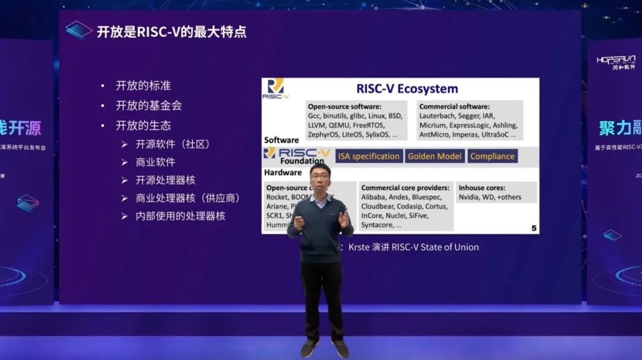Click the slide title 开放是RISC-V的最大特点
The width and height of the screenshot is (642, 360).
tap(171, 31)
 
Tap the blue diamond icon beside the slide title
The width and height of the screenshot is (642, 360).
tap(78, 30)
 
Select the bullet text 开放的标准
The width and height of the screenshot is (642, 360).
tap(143, 86)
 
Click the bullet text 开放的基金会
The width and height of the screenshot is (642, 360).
tap(149, 106)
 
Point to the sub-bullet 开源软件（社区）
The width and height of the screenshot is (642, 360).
tap(173, 144)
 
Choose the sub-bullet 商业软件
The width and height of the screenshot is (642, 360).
tap(155, 162)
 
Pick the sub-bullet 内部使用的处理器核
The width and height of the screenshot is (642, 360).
tap(180, 216)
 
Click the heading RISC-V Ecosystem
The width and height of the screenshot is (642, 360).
tap(407, 89)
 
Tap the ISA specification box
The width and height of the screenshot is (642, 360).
tap(369, 156)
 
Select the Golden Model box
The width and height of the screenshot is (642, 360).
tap(434, 156)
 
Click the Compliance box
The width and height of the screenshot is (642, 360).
tap(492, 156)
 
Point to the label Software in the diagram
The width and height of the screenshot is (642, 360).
tap(281, 140)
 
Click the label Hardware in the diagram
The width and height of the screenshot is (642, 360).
tap(283, 172)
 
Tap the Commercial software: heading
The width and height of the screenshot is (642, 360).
tap(454, 106)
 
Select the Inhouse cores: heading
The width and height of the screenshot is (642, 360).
tap(482, 188)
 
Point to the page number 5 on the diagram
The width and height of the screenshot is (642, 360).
tap(533, 228)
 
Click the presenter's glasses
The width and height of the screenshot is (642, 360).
tap(320, 177)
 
